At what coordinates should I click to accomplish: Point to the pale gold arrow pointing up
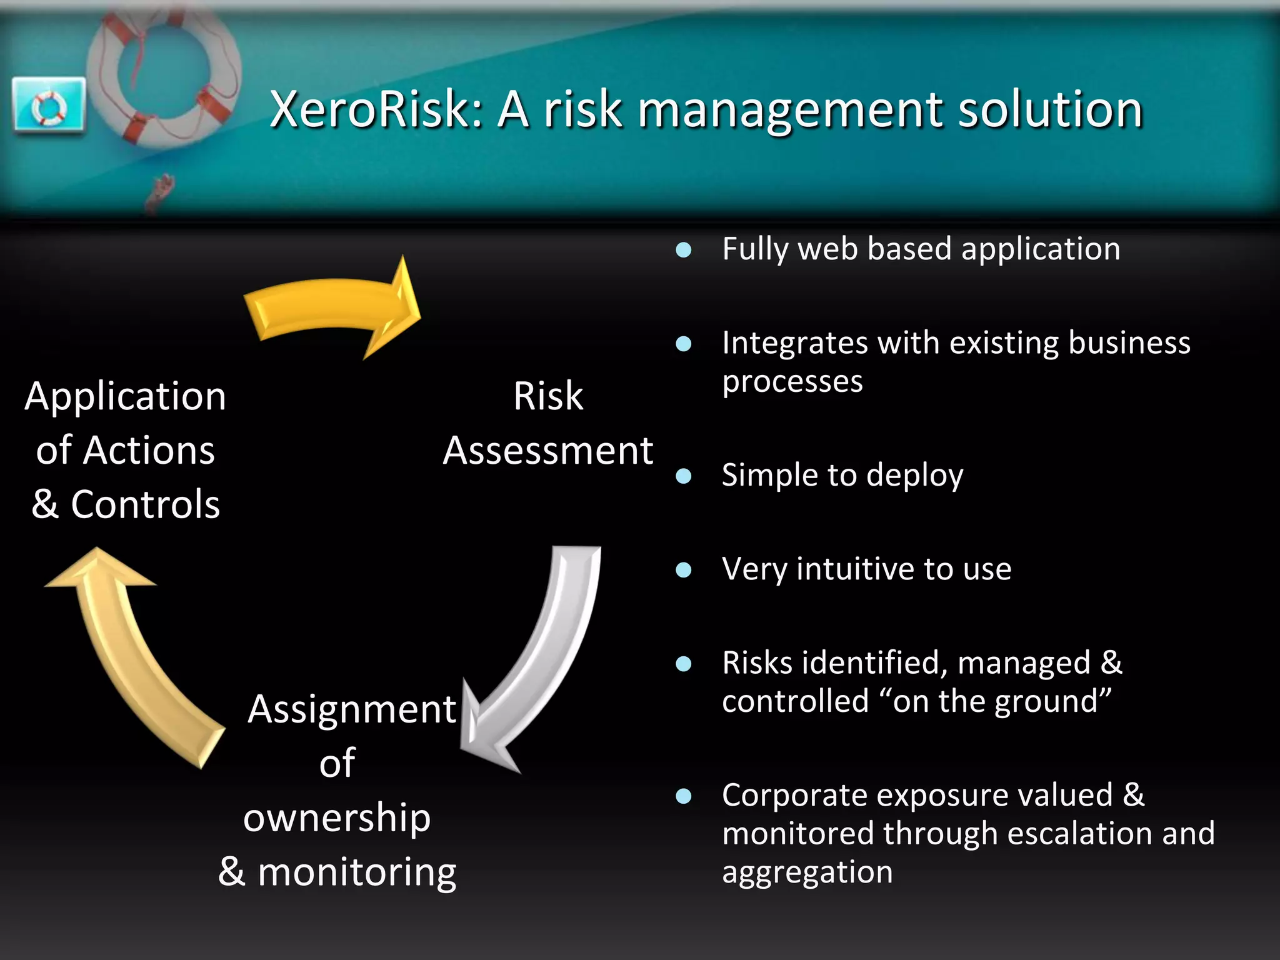(125, 650)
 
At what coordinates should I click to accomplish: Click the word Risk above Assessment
(548, 396)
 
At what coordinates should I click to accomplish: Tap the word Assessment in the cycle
(548, 451)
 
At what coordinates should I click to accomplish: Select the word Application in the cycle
(125, 396)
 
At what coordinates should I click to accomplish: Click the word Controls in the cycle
(145, 504)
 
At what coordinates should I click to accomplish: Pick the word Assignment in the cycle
(352, 709)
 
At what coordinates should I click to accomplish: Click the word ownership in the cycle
(337, 817)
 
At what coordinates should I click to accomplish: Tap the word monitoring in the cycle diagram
(357, 872)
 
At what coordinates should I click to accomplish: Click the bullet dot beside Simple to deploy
(684, 477)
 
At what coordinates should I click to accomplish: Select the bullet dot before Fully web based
(684, 251)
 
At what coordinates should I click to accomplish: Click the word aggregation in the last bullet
(807, 872)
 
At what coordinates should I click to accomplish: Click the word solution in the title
(1050, 109)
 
